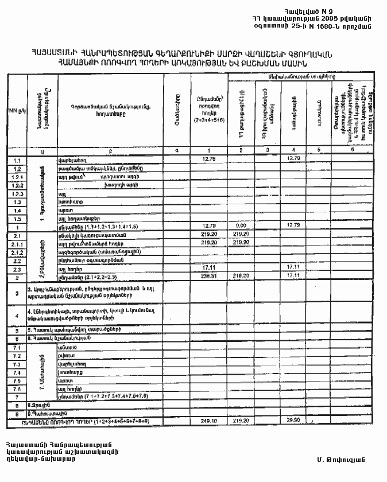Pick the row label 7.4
pyautogui.click(x=17, y=372)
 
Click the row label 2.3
pyautogui.click(x=17, y=269)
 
